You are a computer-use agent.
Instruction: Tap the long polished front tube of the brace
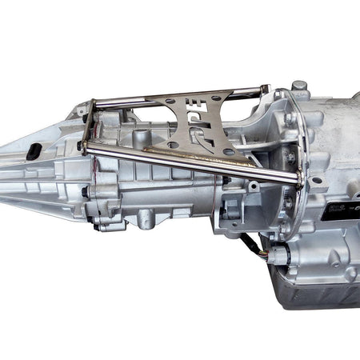coord(192,163)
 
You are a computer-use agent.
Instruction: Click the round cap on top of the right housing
coord(299,85)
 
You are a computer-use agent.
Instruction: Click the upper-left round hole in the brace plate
coord(169,101)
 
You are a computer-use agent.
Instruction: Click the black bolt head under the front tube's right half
coord(226,181)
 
